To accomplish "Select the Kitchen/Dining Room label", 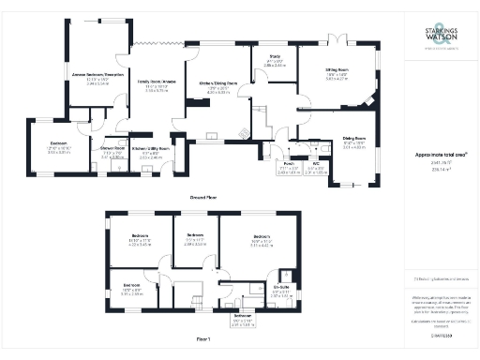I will [x=217, y=86].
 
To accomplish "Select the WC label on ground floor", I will [x=317, y=164].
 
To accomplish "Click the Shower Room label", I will [x=113, y=150].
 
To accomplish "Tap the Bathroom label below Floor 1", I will [x=243, y=316].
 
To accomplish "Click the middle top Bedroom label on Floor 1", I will [x=195, y=235].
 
